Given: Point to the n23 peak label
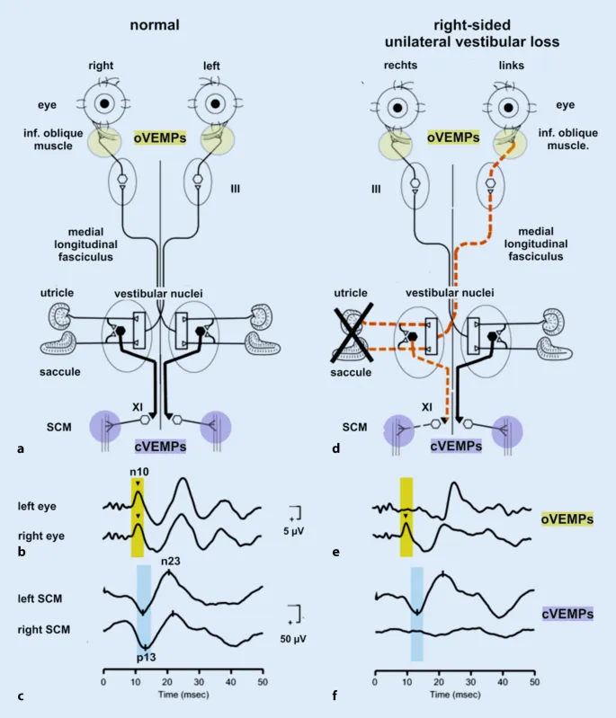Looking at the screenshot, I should pyautogui.click(x=172, y=563).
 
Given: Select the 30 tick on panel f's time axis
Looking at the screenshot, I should pyautogui.click(x=470, y=682).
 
